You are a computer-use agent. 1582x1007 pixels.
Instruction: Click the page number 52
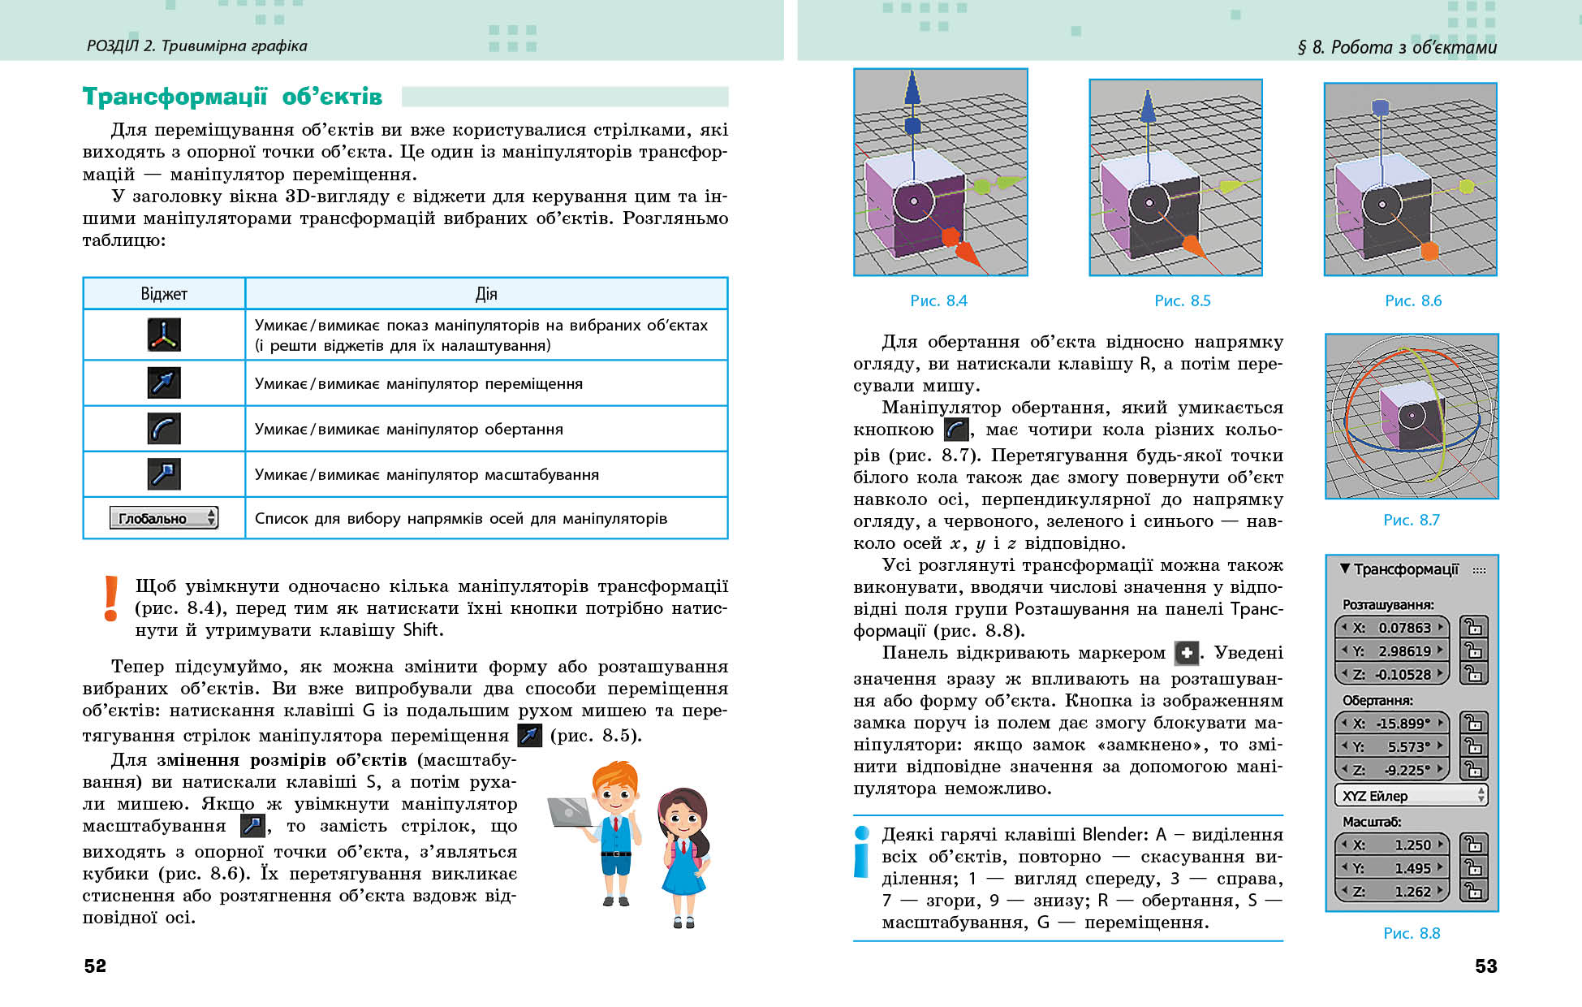pyautogui.click(x=95, y=966)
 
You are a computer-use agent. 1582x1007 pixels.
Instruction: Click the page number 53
pyautogui.click(x=1485, y=966)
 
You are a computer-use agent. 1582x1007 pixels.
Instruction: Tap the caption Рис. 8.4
pyautogui.click(x=938, y=300)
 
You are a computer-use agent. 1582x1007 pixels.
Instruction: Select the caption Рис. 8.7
pyautogui.click(x=1411, y=520)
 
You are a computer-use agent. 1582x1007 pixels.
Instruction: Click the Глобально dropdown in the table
pyautogui.click(x=164, y=518)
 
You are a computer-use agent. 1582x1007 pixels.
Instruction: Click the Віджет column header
pyautogui.click(x=164, y=293)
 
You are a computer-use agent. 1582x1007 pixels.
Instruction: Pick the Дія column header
pyautogui.click(x=486, y=293)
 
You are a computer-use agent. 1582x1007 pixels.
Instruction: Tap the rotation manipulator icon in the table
pyautogui.click(x=164, y=429)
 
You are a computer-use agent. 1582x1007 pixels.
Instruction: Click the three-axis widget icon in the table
pyautogui.click(x=164, y=335)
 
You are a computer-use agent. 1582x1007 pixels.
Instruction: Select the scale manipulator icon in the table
pyautogui.click(x=164, y=474)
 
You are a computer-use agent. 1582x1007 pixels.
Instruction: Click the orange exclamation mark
pyautogui.click(x=111, y=599)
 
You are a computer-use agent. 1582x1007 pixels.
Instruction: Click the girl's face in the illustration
pyautogui.click(x=680, y=815)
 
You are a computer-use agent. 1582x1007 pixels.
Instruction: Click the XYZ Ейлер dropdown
pyautogui.click(x=1411, y=796)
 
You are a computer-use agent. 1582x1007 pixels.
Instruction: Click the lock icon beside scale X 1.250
pyautogui.click(x=1473, y=845)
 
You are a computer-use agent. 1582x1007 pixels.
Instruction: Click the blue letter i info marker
pyautogui.click(x=861, y=852)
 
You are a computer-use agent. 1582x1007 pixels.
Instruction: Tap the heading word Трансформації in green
pyautogui.click(x=175, y=97)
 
